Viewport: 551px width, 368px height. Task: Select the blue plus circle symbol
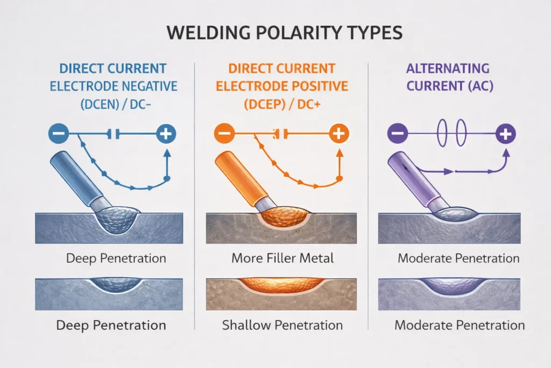(x=166, y=133)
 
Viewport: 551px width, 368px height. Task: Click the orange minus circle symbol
(x=223, y=133)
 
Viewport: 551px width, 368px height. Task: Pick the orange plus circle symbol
(x=338, y=133)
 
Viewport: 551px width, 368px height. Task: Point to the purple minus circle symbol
(x=397, y=133)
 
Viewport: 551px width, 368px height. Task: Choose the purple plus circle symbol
(x=506, y=133)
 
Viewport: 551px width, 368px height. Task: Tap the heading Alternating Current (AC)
(x=448, y=78)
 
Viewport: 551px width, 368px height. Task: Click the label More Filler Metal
(x=282, y=258)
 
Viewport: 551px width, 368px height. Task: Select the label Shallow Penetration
(x=282, y=325)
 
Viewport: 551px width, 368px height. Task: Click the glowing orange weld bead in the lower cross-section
(x=282, y=284)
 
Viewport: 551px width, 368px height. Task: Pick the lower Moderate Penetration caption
(x=459, y=325)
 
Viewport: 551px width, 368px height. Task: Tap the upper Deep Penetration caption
(x=116, y=258)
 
